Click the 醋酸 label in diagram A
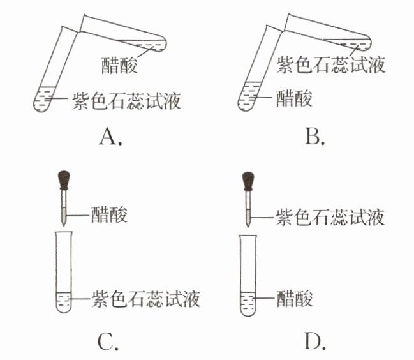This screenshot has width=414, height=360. point(120,64)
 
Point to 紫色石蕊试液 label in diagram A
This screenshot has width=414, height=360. point(126,101)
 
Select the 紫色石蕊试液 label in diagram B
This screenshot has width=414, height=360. point(330,64)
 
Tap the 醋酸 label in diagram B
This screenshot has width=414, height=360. point(294,100)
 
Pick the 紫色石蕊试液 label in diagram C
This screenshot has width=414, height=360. point(146,298)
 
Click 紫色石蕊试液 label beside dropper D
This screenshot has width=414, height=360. point(330,216)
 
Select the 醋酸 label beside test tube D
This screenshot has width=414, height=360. point(294,298)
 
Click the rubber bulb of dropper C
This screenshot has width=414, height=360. point(64,179)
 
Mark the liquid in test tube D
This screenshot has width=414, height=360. point(248,301)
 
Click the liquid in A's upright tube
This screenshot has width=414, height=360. point(44,98)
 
